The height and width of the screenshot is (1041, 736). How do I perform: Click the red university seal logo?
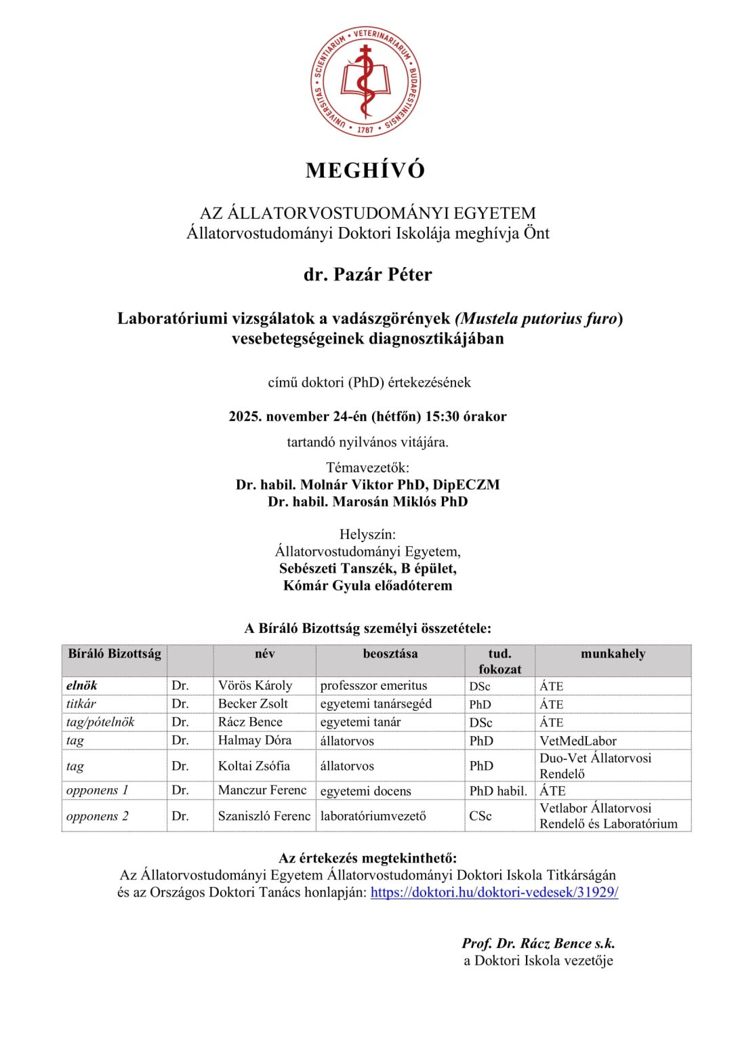[365, 81]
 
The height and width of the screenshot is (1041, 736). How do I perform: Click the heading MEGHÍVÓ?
[365, 170]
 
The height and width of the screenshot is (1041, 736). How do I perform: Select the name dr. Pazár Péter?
[367, 274]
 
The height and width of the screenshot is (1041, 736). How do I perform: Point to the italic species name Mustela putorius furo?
[539, 319]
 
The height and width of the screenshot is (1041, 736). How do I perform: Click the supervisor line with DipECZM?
[367, 485]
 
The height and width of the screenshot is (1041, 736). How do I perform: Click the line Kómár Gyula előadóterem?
[367, 586]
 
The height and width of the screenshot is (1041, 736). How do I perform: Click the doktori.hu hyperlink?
[494, 893]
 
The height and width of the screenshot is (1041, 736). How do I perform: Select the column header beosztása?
[390, 654]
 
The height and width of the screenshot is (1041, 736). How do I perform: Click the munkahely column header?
[613, 654]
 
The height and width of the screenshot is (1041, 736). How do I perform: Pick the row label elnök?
[82, 686]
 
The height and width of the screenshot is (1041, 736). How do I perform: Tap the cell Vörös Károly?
[255, 686]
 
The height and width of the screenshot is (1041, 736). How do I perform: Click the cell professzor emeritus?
[373, 686]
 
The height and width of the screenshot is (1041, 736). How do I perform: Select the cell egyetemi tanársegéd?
[375, 704]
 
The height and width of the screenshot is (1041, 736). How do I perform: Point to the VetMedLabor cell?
[577, 741]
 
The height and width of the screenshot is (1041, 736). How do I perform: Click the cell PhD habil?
[498, 791]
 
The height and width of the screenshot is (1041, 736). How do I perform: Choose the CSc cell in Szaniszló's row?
[481, 816]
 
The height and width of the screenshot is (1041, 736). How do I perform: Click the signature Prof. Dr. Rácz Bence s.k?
[538, 943]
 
